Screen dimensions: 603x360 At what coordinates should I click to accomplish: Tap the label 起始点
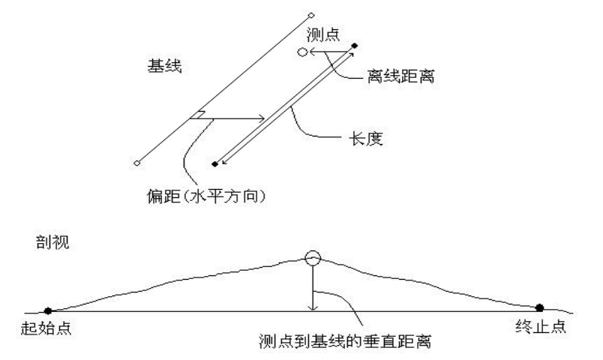pyautogui.click(x=48, y=329)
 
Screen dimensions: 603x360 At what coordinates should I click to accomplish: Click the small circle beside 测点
pyautogui.click(x=302, y=52)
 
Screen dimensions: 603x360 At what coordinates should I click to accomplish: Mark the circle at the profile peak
pyautogui.click(x=313, y=259)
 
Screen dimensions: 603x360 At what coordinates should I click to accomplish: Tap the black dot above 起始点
pyautogui.click(x=48, y=310)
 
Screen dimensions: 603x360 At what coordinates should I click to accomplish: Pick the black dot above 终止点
pyautogui.click(x=538, y=307)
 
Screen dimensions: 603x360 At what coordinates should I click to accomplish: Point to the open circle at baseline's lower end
pyautogui.click(x=136, y=162)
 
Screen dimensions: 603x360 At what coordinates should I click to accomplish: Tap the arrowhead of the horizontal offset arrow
pyautogui.click(x=261, y=118)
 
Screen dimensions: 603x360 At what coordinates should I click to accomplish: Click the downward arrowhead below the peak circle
pyautogui.click(x=313, y=306)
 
